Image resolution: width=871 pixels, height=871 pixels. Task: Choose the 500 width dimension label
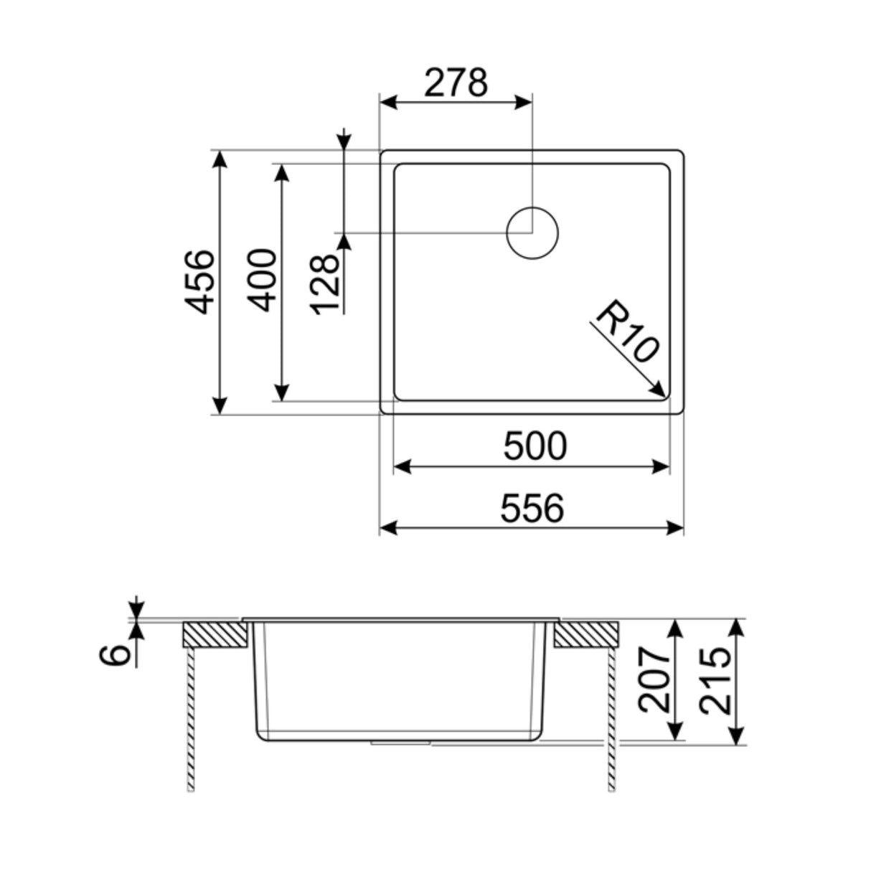point(535,446)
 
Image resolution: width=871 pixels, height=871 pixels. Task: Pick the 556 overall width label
point(532,508)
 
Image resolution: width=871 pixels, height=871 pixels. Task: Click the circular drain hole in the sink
point(532,232)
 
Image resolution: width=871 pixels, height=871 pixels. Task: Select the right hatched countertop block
point(586,634)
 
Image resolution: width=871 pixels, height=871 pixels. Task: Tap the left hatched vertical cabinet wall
point(190,717)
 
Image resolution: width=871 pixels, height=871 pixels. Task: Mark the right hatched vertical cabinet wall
point(611,717)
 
